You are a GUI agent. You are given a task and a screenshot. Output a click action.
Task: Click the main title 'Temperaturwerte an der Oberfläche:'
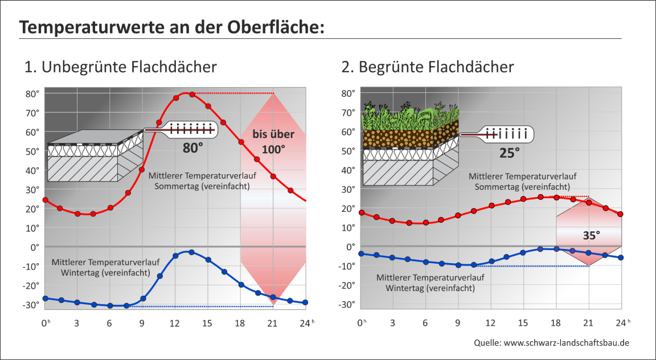click(x=171, y=27)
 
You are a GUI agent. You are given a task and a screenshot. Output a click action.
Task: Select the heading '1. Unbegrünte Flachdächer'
click(x=120, y=67)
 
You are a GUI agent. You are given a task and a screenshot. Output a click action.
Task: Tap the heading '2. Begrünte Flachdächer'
click(x=428, y=67)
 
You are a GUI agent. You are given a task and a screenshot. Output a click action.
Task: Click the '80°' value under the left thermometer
click(x=193, y=148)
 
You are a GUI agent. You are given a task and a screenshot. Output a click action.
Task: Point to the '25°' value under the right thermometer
click(x=509, y=153)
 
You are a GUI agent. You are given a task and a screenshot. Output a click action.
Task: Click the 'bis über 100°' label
click(x=274, y=142)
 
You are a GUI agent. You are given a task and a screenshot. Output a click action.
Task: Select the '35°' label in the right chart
click(x=591, y=235)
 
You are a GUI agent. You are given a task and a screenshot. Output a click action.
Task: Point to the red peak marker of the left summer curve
click(x=192, y=94)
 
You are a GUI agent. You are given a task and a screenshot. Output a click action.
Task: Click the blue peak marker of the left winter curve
click(x=192, y=252)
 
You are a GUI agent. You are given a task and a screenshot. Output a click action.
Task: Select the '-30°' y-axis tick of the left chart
click(x=31, y=305)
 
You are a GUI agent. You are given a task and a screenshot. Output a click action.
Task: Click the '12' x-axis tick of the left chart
click(x=175, y=322)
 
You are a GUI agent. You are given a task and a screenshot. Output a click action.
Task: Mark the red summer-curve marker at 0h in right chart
click(x=361, y=212)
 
